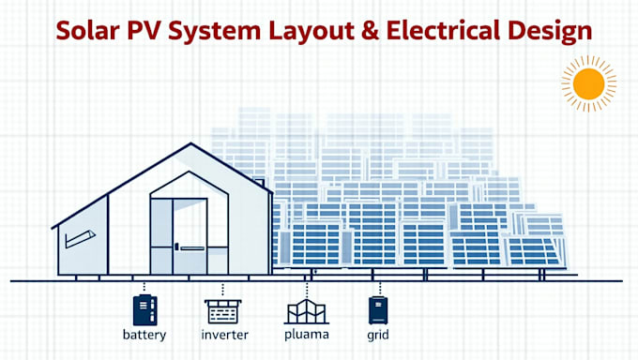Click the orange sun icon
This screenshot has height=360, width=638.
click(588, 84)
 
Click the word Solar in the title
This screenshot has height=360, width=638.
click(88, 30)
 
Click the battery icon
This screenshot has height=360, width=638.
click(145, 310)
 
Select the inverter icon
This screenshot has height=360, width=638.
click(222, 310)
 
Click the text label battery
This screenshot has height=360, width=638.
click(145, 335)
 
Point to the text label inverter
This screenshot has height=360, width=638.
click(223, 335)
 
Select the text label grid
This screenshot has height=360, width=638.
click(379, 335)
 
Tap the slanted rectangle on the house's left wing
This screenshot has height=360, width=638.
click(80, 238)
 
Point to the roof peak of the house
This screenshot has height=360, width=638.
click(191, 144)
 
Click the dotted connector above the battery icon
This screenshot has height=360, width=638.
click(145, 287)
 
